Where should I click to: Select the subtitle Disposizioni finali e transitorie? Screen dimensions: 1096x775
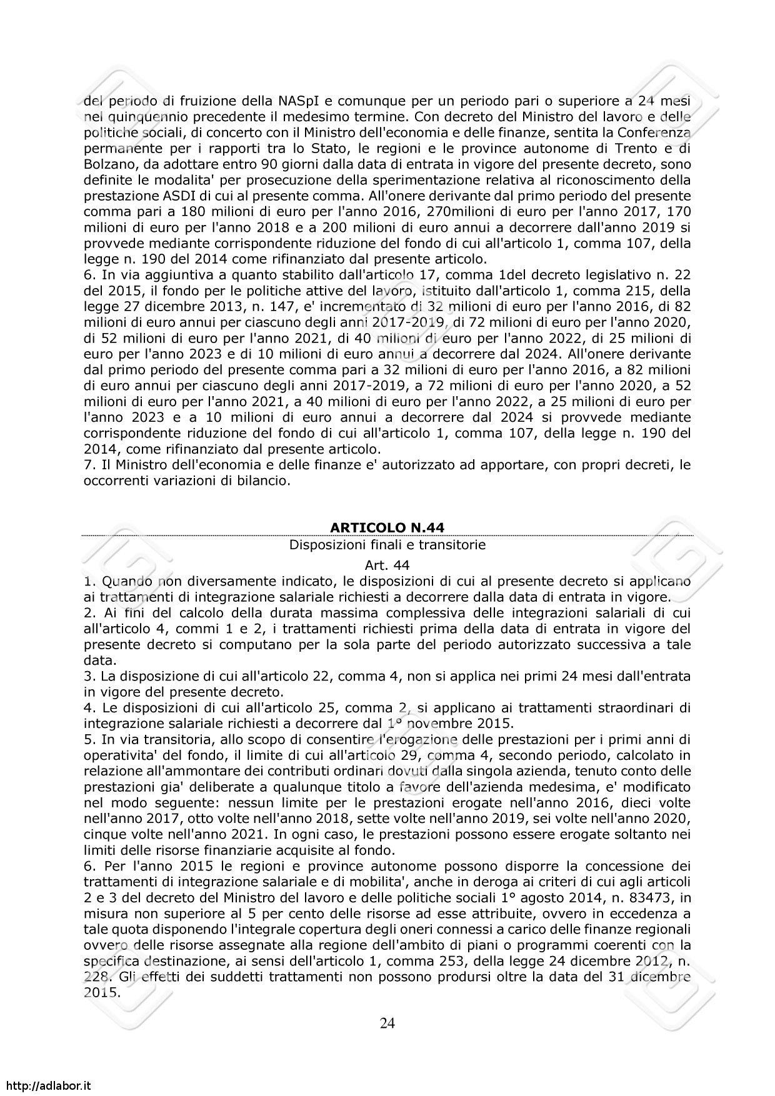(x=387, y=545)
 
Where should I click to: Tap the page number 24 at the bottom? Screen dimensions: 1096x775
(x=387, y=1023)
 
